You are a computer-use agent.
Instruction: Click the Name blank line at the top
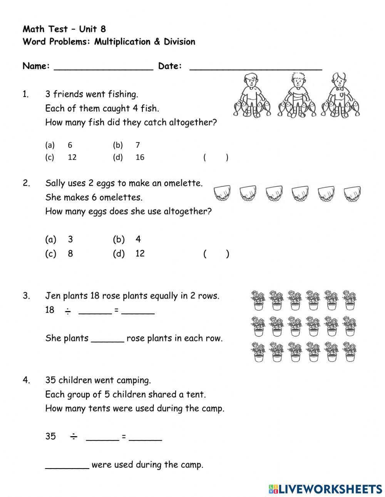tap(103, 67)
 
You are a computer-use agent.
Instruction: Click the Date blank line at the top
tap(256, 67)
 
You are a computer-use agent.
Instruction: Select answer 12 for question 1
tap(72, 157)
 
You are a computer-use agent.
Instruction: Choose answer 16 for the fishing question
tap(140, 157)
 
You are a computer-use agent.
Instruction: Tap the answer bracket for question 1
tap(216, 157)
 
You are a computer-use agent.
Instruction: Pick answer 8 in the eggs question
tap(70, 254)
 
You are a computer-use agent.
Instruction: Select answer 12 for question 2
tap(140, 254)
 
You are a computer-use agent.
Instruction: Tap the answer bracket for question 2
tap(216, 254)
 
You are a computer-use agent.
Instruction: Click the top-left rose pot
tap(258, 300)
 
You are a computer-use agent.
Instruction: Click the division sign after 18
tap(68, 311)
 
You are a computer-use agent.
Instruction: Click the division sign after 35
tap(74, 437)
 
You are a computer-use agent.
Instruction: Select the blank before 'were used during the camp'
tap(67, 465)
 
